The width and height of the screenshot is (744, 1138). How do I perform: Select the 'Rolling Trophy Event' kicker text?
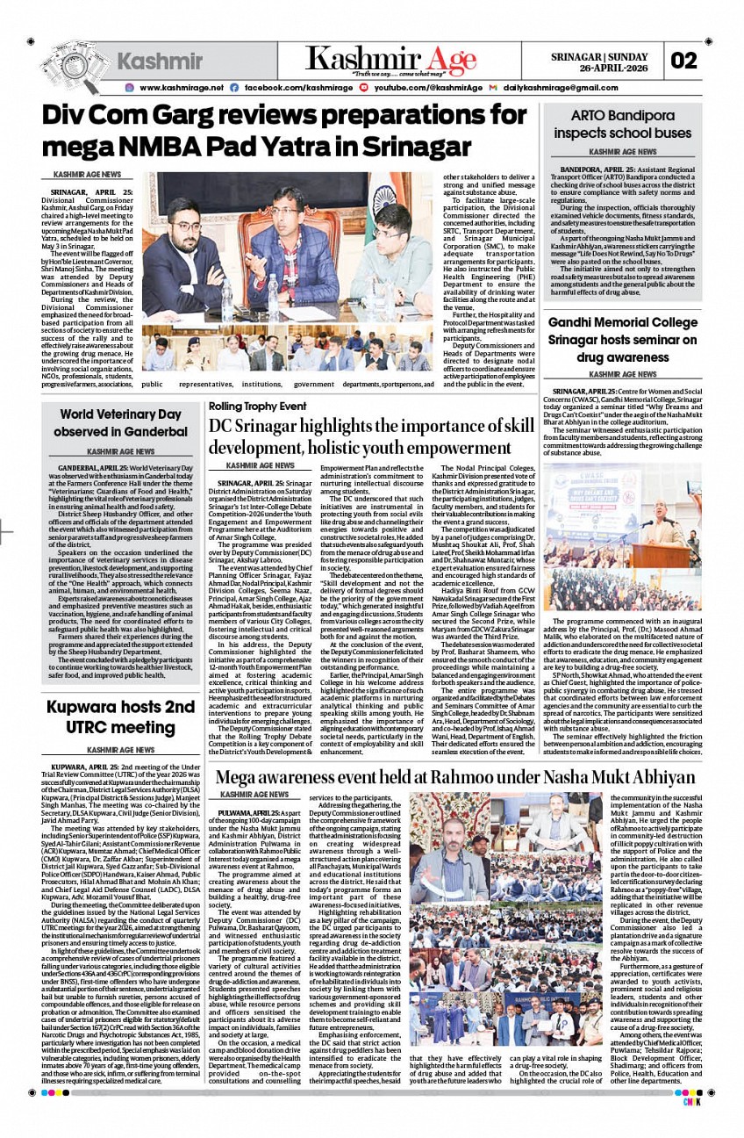point(257,407)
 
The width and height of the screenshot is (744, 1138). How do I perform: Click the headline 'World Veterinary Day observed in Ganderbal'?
point(120,423)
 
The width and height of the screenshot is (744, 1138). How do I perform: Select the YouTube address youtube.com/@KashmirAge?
point(428,88)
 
